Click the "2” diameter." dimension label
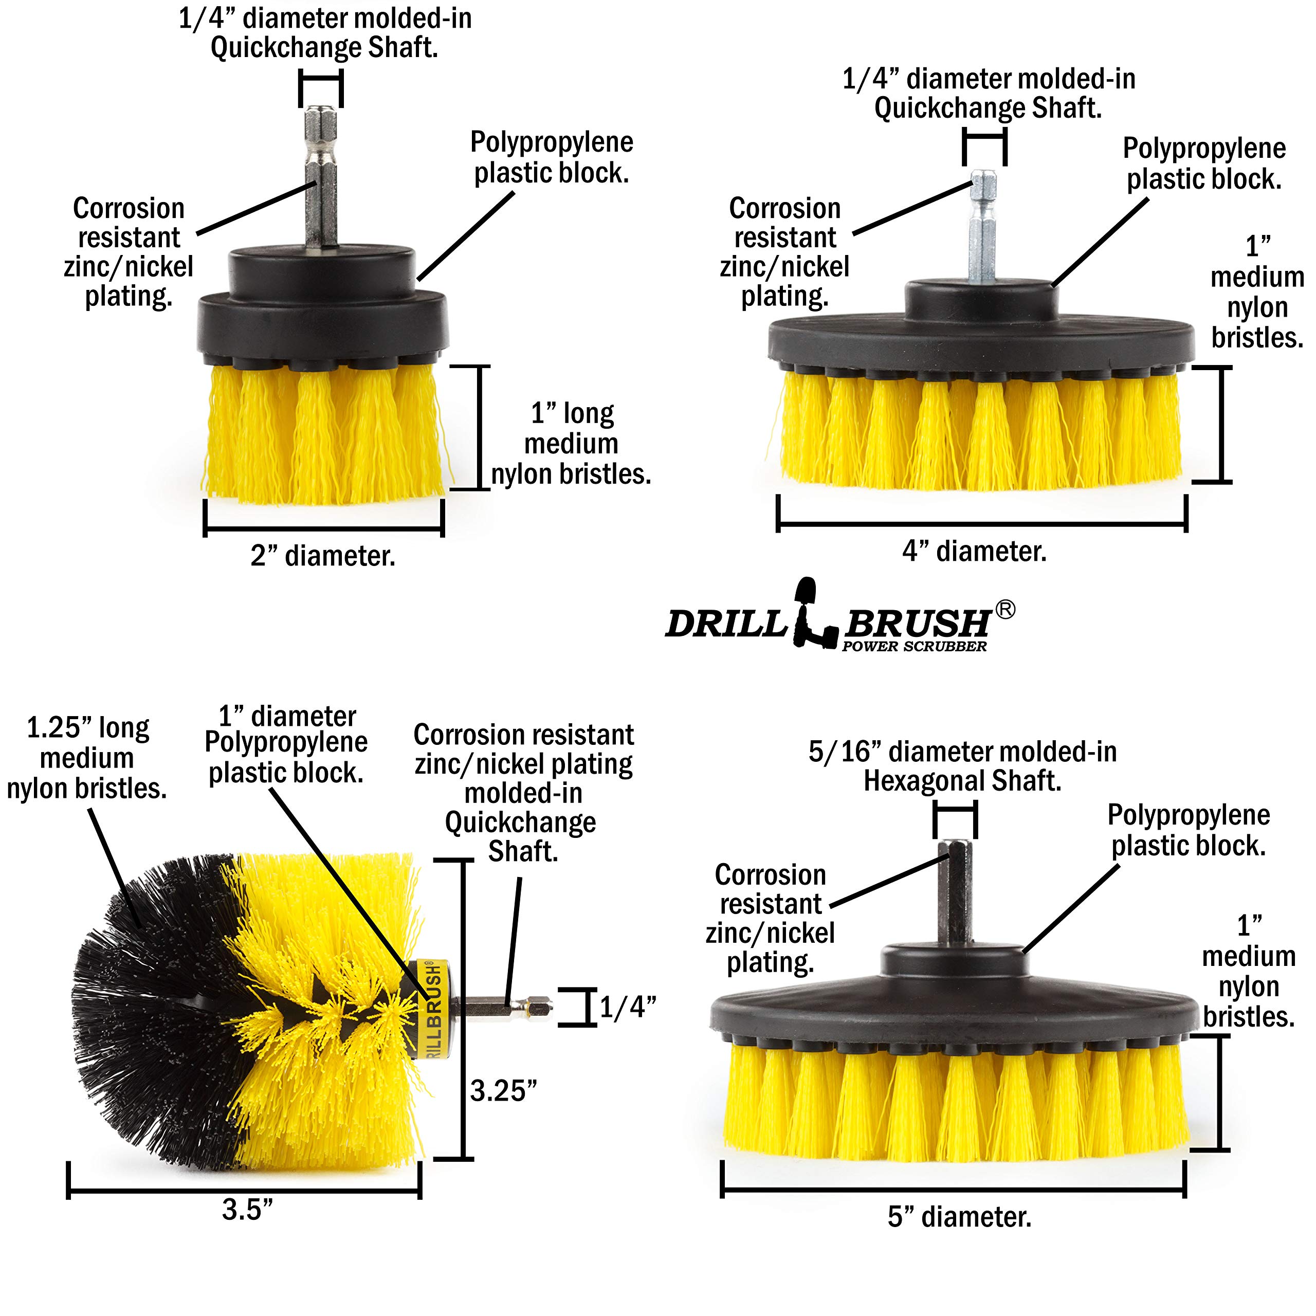click(323, 557)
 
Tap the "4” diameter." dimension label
click(974, 551)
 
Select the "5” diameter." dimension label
click(959, 1217)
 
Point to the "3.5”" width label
click(247, 1209)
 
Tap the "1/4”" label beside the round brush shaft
click(627, 1007)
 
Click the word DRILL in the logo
click(726, 623)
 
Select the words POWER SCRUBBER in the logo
click(914, 646)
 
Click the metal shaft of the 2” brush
click(320, 177)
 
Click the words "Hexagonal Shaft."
click(962, 781)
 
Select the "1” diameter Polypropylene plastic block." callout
click(286, 744)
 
